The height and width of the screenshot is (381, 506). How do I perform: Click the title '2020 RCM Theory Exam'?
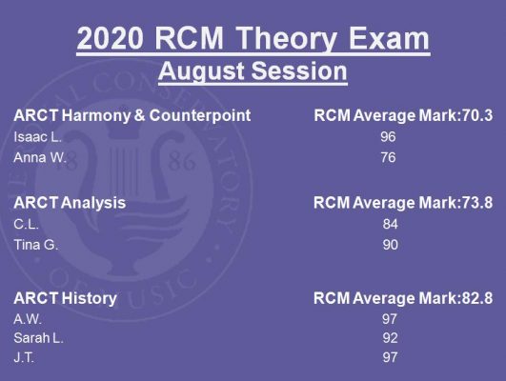click(253, 38)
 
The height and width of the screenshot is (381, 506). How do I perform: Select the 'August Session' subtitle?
click(253, 71)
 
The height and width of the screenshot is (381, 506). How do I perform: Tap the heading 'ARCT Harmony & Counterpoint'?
click(132, 115)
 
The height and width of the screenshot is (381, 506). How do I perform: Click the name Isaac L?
click(37, 137)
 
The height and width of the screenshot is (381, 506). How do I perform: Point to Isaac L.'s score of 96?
click(388, 137)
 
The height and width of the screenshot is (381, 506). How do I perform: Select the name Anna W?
click(40, 158)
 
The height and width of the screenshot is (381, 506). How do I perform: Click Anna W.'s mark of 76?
click(388, 158)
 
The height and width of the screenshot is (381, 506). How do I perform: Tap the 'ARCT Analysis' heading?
click(70, 203)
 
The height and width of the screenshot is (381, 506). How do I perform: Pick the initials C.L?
click(26, 224)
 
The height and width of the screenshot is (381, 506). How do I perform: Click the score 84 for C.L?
click(390, 224)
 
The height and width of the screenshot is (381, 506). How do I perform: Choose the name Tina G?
click(36, 245)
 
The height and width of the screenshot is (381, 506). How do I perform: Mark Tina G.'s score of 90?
click(390, 245)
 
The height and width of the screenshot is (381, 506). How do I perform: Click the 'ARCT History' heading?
click(65, 298)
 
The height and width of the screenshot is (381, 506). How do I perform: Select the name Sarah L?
click(38, 338)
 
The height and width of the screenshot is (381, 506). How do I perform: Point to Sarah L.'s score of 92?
click(390, 338)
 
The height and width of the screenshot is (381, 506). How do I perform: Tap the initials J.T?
click(24, 357)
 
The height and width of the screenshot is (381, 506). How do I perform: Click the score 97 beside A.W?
click(390, 319)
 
